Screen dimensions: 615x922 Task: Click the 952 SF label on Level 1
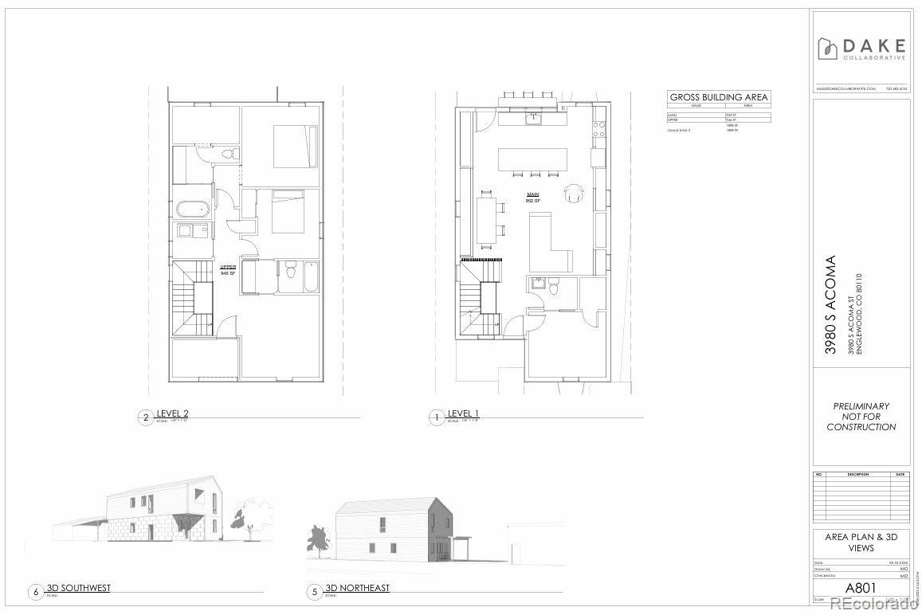[x=533, y=201]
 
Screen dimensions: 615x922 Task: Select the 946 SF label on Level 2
[x=228, y=273]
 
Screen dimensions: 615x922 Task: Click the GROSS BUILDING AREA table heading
[x=719, y=97]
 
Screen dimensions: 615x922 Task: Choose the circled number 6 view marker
[x=36, y=592]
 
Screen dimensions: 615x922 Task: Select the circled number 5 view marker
[x=315, y=592]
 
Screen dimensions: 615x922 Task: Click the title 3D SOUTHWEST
[x=79, y=588]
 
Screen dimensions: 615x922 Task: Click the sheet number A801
[x=861, y=588]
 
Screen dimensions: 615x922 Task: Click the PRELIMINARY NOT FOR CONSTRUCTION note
[x=861, y=417]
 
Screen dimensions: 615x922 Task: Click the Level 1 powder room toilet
[x=556, y=292]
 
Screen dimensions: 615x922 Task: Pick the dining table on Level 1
[x=486, y=220]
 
